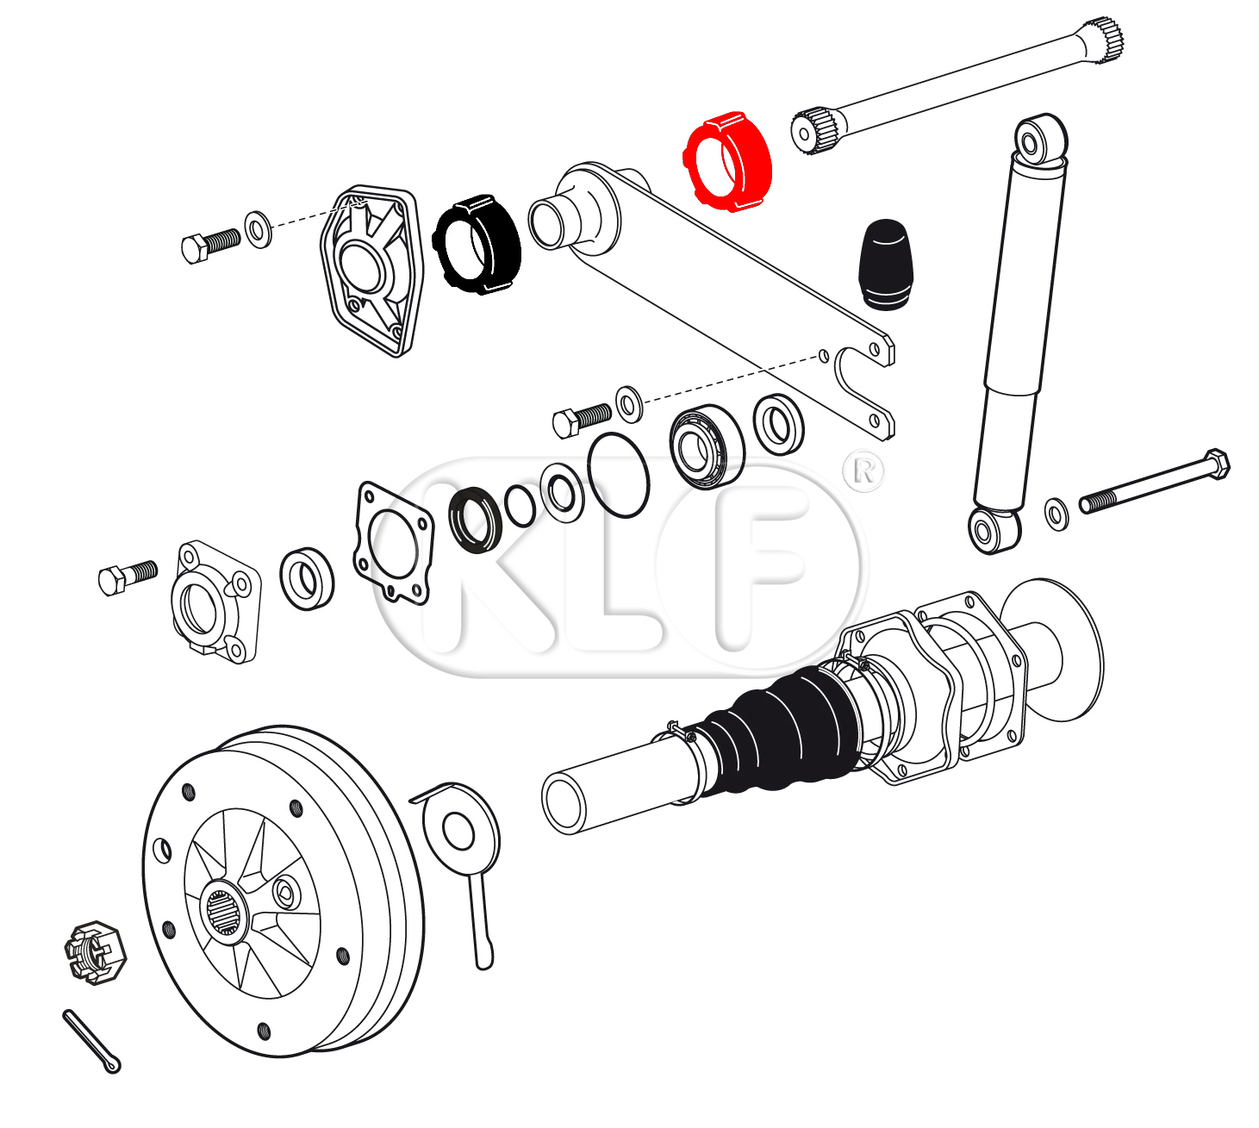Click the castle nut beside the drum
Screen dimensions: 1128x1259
pyautogui.click(x=96, y=952)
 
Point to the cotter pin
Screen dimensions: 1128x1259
pyautogui.click(x=90, y=1041)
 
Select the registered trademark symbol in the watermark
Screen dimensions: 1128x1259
pyautogui.click(x=864, y=471)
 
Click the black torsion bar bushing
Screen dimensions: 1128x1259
pyautogui.click(x=477, y=244)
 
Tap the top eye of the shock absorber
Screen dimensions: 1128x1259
pyautogui.click(x=1040, y=138)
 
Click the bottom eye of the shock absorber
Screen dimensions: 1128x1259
pyautogui.click(x=993, y=529)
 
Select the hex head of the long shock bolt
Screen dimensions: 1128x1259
pyautogui.click(x=1215, y=464)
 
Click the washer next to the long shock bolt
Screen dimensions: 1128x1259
pyautogui.click(x=1056, y=514)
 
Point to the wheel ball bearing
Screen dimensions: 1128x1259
pyautogui.click(x=707, y=446)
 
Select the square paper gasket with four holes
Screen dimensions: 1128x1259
pyautogui.click(x=394, y=543)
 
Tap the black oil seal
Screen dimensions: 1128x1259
pyautogui.click(x=476, y=520)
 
